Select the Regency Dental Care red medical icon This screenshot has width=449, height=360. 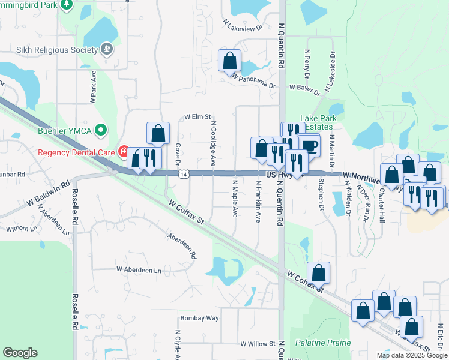(x=123, y=152)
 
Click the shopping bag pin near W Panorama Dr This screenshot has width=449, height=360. (x=229, y=61)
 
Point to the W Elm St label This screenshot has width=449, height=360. (x=198, y=116)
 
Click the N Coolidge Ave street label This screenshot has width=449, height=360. (x=212, y=145)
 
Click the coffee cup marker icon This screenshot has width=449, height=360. (x=309, y=146)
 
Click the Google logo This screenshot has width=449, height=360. (x=20, y=353)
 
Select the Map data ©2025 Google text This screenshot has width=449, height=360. (x=411, y=355)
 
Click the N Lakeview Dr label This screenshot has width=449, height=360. (x=243, y=27)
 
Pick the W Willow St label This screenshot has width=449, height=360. (x=258, y=344)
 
